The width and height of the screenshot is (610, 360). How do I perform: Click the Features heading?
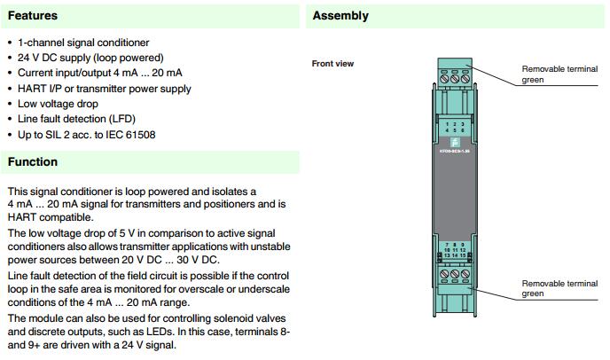[x=33, y=16]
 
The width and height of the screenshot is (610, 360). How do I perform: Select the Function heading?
[x=33, y=162]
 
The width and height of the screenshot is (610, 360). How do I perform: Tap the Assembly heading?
[x=340, y=16]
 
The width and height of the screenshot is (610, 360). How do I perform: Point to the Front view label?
[x=332, y=64]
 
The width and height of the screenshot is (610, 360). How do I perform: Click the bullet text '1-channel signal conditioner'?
[x=83, y=43]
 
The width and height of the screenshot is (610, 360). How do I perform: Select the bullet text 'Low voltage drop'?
[x=59, y=103]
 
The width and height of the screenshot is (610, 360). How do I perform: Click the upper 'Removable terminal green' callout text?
[x=559, y=74]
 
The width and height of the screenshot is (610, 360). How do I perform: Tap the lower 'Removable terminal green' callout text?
[x=559, y=288]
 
